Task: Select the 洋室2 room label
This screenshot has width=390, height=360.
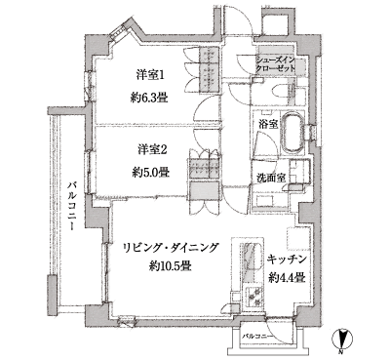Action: (x=149, y=148)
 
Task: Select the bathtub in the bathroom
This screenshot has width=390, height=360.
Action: (x=292, y=134)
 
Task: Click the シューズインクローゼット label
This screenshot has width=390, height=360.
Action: (x=280, y=66)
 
